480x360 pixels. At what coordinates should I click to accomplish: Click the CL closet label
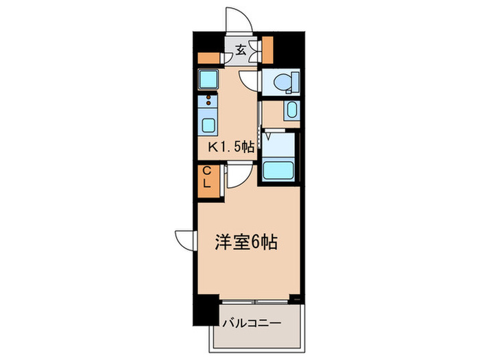click(x=206, y=178)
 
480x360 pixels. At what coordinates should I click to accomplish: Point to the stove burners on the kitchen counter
click(x=208, y=104)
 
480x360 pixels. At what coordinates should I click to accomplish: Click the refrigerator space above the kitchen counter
click(x=208, y=81)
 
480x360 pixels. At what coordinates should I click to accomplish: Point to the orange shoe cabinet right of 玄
click(x=267, y=47)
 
